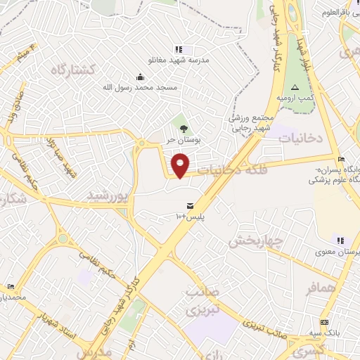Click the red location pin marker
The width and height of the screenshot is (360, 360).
coord(181,165)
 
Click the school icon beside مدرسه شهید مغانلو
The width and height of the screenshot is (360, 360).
coord(179,49)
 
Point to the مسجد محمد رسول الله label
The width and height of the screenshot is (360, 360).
coord(140,87)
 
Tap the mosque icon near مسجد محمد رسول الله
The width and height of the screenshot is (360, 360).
coord(140,77)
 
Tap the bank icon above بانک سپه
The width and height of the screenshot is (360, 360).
coord(323,322)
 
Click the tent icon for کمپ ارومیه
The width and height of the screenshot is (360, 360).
coord(295,87)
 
